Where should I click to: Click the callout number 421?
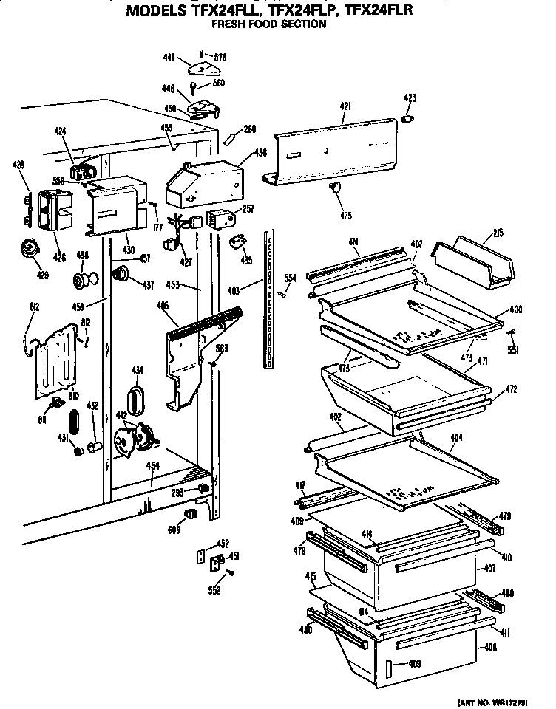[x=345, y=107]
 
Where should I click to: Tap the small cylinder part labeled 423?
[x=408, y=118]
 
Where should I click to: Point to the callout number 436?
[x=261, y=153]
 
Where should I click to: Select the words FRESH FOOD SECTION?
[x=269, y=24]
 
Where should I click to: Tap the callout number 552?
[x=214, y=590]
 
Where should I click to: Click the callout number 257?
[x=248, y=209]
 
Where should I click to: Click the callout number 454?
[x=152, y=465]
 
